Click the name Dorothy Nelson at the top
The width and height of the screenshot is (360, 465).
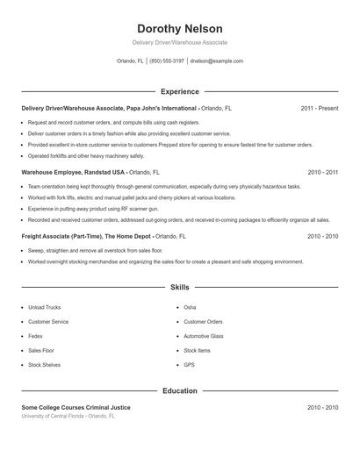tap(179, 29)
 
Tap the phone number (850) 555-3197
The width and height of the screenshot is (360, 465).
tap(167, 61)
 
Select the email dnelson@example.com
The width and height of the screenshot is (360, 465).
tap(216, 61)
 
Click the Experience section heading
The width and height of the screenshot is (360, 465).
tap(179, 91)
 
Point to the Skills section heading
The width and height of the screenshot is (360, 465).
tap(179, 287)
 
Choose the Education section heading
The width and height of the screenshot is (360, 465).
tap(179, 390)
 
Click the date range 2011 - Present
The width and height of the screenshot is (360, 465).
tap(319, 108)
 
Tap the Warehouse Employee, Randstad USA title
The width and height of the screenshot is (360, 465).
tap(74, 173)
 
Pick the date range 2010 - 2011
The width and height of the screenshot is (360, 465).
tap(322, 173)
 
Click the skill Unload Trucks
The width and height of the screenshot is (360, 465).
tap(45, 308)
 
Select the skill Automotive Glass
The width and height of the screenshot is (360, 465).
tap(204, 336)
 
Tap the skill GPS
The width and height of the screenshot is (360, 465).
tap(189, 364)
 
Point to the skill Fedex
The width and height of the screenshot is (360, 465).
tap(36, 336)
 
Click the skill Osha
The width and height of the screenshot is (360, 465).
tap(190, 308)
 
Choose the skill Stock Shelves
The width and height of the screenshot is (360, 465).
tap(44, 364)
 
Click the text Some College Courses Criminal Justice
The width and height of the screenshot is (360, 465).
tap(76, 408)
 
